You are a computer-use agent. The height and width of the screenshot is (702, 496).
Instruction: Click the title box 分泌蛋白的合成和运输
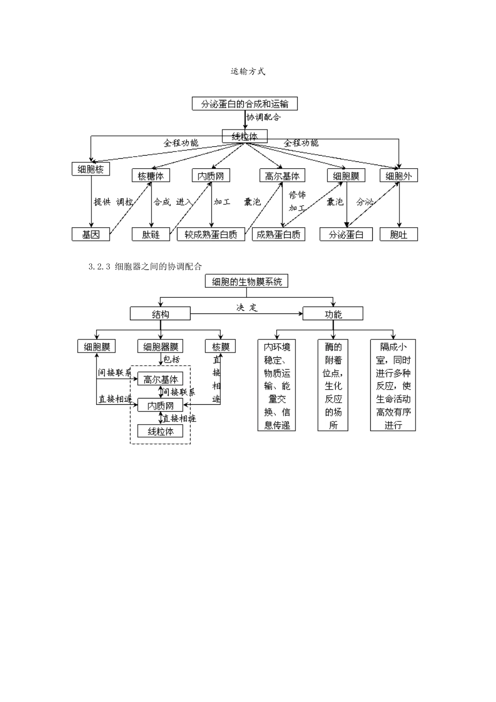click(244, 103)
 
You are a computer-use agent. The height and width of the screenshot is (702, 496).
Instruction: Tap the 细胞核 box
click(91, 169)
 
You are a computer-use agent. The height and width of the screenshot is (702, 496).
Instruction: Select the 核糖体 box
click(151, 176)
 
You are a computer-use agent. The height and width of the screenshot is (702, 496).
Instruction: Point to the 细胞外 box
click(398, 176)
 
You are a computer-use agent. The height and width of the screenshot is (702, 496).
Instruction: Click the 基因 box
click(91, 235)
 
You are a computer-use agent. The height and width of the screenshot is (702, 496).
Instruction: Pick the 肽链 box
click(151, 235)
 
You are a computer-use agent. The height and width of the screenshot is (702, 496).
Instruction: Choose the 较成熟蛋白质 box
click(211, 235)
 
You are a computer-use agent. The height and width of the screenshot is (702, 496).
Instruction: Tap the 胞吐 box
click(398, 235)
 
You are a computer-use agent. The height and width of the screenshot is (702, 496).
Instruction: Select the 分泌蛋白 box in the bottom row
click(346, 235)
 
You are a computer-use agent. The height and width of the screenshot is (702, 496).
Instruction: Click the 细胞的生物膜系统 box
click(247, 282)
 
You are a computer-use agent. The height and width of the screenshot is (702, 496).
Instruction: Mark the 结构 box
click(160, 314)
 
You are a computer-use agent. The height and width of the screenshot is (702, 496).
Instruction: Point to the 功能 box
click(333, 314)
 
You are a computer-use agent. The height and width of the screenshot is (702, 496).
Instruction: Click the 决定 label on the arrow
click(247, 308)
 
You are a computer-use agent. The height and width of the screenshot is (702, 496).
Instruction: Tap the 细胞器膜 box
click(160, 346)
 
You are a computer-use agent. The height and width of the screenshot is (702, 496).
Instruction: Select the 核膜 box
click(221, 346)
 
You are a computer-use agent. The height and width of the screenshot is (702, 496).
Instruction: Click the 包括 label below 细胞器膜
click(172, 360)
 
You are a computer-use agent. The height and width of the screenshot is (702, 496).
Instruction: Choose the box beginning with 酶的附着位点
click(333, 385)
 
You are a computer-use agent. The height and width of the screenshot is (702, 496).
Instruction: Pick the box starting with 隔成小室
click(393, 385)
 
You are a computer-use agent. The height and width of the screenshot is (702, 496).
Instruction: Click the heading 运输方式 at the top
click(248, 72)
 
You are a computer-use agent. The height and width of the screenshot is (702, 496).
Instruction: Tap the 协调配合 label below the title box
click(264, 117)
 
